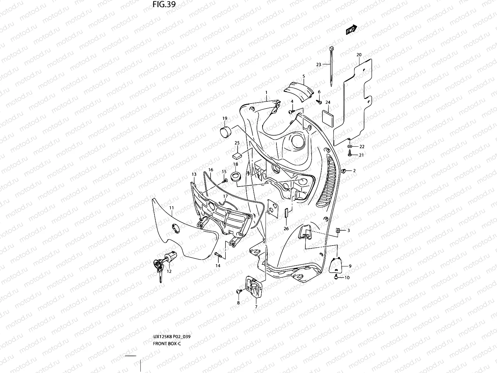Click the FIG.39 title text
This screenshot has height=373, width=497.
click(164, 4)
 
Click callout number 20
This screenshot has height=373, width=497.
click(359, 55)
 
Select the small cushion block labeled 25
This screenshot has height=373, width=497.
click(238, 154)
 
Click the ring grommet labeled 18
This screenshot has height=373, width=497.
click(235, 176)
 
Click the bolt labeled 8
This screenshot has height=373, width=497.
click(239, 291)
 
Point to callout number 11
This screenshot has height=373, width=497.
click(171, 208)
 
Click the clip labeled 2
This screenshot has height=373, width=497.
click(344, 171)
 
